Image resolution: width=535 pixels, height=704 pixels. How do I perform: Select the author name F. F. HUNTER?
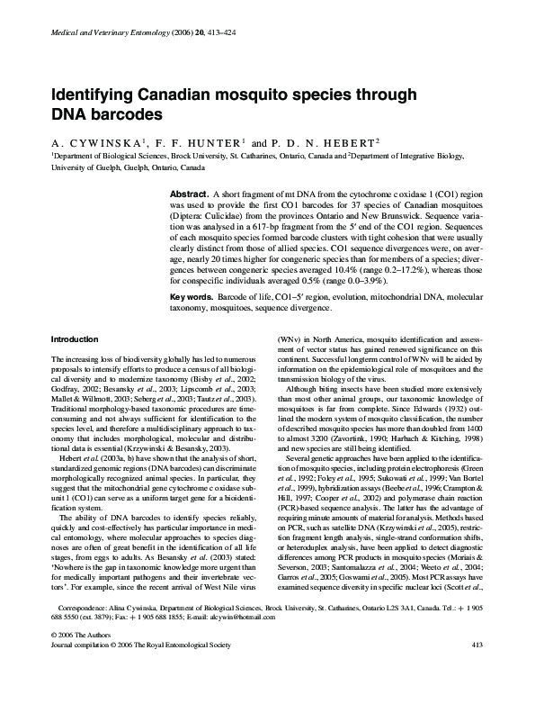(x=192, y=142)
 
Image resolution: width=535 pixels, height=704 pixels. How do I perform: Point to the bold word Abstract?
(x=189, y=194)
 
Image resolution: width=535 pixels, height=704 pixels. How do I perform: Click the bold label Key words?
(x=192, y=296)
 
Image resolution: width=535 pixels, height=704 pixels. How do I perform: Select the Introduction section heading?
(x=76, y=339)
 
